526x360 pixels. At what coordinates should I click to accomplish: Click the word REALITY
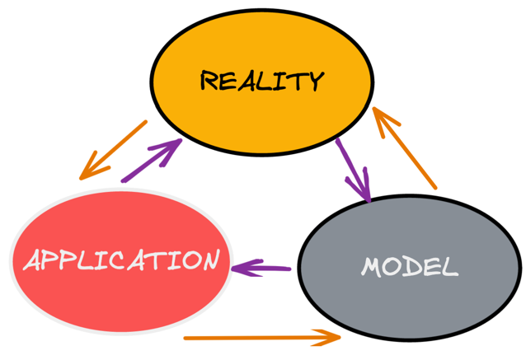coord(262,81)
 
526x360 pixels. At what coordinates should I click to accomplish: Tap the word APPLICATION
coord(122,260)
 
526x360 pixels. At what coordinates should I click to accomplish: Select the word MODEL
coord(409,266)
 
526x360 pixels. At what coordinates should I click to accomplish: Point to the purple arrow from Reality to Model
coord(352,170)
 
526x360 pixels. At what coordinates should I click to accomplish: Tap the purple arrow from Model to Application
coord(262,268)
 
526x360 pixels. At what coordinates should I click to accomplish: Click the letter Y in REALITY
coord(314,81)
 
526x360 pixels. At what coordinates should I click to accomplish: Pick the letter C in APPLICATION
coord(141,260)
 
